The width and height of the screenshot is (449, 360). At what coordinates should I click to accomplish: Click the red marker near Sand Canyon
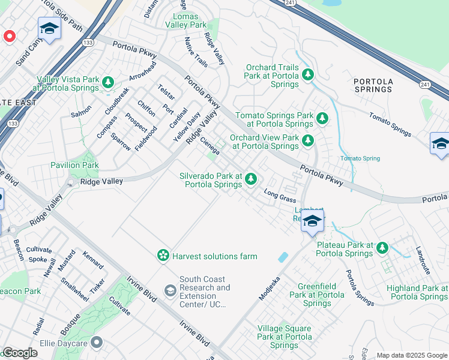pyautogui.click(x=10, y=37)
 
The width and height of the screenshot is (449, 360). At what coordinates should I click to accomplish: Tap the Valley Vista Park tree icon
pyautogui.click(x=108, y=82)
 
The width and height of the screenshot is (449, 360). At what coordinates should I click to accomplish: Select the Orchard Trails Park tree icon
pyautogui.click(x=308, y=74)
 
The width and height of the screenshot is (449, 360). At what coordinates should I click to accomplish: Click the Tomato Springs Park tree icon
pyautogui.click(x=322, y=118)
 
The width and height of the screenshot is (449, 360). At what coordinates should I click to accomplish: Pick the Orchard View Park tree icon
pyautogui.click(x=308, y=140)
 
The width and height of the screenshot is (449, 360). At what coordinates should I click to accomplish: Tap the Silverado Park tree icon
pyautogui.click(x=251, y=179)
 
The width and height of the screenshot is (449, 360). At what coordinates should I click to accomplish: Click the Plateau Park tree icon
pyautogui.click(x=382, y=248)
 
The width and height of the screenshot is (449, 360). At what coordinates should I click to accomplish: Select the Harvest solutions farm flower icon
pyautogui.click(x=163, y=256)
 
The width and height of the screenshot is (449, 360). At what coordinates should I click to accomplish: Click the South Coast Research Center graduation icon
pyautogui.click(x=170, y=291)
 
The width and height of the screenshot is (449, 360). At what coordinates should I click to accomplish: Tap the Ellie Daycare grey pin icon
pyautogui.click(x=97, y=343)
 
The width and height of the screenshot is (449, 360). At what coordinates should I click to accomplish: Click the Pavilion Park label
pyautogui.click(x=74, y=165)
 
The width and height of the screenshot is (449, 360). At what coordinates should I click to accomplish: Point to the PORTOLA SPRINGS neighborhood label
pyautogui.click(x=373, y=85)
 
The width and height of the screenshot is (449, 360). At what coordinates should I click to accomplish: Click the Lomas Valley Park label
pyautogui.click(x=189, y=21)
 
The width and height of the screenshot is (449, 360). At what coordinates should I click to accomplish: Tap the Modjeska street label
pyautogui.click(x=270, y=289)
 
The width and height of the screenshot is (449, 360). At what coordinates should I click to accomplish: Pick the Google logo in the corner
pyautogui.click(x=19, y=353)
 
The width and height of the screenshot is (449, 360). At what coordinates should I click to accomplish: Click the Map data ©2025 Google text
pyautogui.click(x=412, y=355)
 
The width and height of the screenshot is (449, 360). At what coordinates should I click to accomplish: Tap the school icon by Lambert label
pyautogui.click(x=312, y=221)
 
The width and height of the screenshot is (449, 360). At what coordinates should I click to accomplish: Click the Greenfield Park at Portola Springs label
pyautogui.click(x=317, y=295)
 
